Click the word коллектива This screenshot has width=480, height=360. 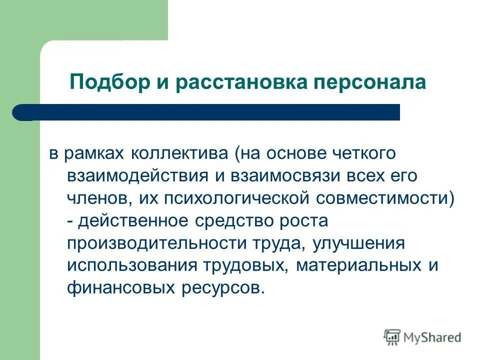[179, 153]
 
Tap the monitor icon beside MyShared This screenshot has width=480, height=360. [392, 337]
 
